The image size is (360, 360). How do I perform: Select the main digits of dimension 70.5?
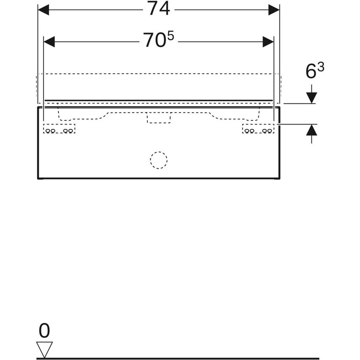(x=153, y=41)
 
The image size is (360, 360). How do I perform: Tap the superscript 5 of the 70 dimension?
(x=170, y=36)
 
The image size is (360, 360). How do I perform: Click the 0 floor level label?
(x=44, y=330)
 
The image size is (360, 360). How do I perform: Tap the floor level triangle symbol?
(x=45, y=349)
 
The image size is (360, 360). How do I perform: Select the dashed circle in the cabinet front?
(x=159, y=160)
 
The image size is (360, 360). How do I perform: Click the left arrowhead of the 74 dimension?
(x=44, y=10)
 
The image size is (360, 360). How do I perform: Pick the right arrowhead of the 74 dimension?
(x=274, y=10)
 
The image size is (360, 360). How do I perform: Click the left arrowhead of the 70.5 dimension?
(x=50, y=42)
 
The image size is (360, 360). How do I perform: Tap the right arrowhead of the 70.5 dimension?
(x=268, y=42)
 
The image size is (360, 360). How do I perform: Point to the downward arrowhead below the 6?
(x=311, y=97)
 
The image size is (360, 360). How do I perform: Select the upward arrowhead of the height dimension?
(x=311, y=130)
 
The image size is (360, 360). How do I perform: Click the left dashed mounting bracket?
(x=59, y=129)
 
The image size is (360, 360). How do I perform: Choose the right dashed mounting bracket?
(x=258, y=129)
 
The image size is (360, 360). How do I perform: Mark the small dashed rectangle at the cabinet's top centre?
(x=158, y=118)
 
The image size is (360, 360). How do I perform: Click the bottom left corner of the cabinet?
(x=38, y=178)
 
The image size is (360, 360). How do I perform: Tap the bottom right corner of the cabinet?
(x=279, y=178)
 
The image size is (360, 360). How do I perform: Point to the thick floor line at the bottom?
(x=178, y=358)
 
